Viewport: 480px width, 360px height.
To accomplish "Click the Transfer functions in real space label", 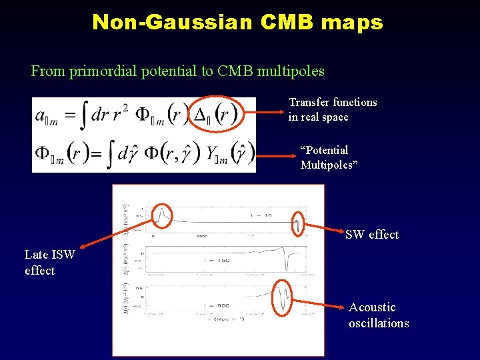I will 333,110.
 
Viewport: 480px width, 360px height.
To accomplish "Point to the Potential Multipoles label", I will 329,157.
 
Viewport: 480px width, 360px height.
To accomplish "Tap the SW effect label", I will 371,235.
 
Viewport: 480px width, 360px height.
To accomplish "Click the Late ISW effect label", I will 49,263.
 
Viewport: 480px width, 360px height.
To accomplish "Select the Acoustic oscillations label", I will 378,315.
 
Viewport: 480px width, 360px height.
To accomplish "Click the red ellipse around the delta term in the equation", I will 215,115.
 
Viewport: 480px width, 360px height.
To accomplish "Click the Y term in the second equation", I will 213,155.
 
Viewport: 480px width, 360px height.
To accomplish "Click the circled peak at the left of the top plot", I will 161,215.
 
